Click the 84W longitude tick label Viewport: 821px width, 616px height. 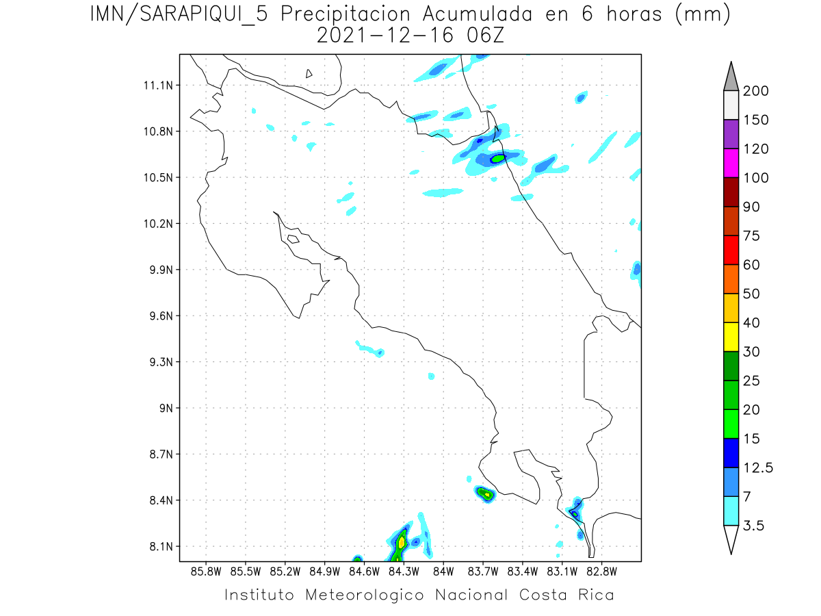pos(443,571)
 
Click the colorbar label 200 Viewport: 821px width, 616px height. pos(755,91)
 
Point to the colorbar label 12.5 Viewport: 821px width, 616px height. pos(757,467)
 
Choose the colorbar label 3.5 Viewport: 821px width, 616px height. pos(753,526)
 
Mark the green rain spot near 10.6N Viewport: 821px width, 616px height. pos(498,159)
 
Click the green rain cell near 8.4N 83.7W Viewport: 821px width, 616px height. pos(486,493)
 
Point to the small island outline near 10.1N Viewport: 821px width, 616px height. pos(293,239)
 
